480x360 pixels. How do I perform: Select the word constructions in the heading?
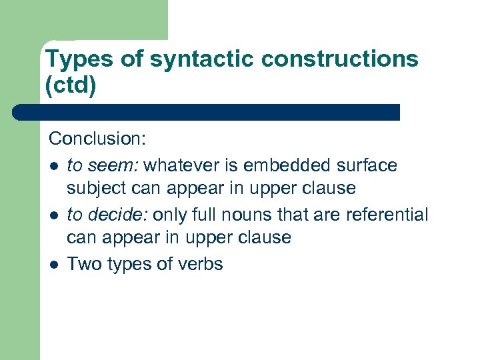[x=340, y=59]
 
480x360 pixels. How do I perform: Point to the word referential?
[x=392, y=215]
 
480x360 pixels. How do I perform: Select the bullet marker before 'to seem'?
[x=53, y=165]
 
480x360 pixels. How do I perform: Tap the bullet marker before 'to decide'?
[x=53, y=215]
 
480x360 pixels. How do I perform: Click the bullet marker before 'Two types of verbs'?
[x=53, y=265]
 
